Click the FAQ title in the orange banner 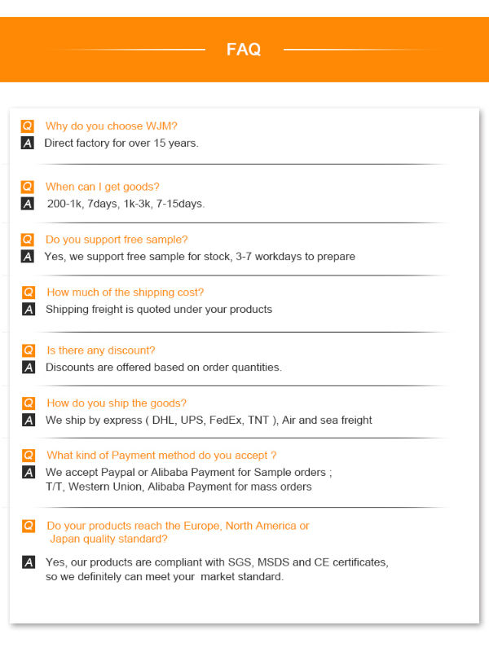point(244,50)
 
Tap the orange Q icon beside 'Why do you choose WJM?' point(28,126)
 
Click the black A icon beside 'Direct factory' point(28,143)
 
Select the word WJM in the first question point(161,126)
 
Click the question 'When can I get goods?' point(102,187)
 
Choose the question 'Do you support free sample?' point(116,240)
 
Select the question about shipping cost point(125,293)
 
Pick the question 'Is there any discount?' point(100,350)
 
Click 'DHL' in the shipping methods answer point(165,421)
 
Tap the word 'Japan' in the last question point(66,539)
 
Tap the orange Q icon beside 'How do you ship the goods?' point(28,403)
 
